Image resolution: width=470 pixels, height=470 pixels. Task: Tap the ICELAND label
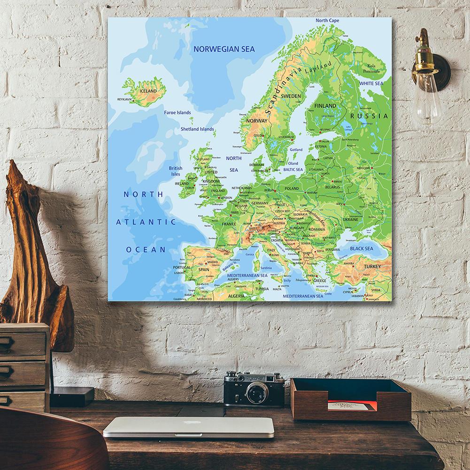[x=148, y=91]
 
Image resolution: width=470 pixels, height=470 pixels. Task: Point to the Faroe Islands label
[x=177, y=113]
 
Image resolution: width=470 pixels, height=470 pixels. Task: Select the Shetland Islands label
[x=197, y=129]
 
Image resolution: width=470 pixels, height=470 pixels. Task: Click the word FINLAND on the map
[x=325, y=106]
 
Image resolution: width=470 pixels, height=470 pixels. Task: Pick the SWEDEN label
[x=291, y=96]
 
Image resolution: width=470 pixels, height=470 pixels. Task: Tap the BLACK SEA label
[x=362, y=248]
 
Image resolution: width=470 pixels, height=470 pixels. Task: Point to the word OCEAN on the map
[x=146, y=250]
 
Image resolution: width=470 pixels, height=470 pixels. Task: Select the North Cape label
[x=327, y=21]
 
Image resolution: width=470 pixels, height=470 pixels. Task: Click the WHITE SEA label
[x=371, y=83]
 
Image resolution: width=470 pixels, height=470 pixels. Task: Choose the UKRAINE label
[x=350, y=219]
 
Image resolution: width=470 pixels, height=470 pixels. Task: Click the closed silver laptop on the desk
[x=188, y=427]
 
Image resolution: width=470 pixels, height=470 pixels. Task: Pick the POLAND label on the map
[x=292, y=188]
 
